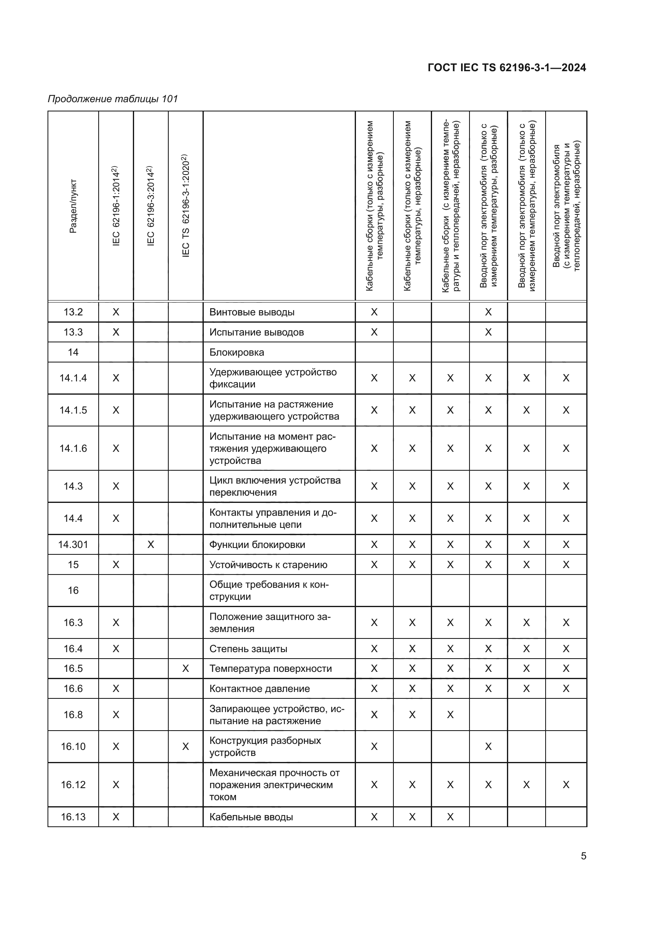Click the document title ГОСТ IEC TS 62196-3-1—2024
click(x=507, y=68)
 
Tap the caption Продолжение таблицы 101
click(x=113, y=99)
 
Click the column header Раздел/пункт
click(x=73, y=206)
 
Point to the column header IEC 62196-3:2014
click(x=151, y=206)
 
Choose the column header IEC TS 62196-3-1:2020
click(x=185, y=206)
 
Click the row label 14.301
click(x=73, y=544)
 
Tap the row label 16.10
click(x=73, y=746)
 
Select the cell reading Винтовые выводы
click(x=252, y=312)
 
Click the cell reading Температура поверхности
click(x=270, y=669)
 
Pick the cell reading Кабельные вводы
click(x=251, y=817)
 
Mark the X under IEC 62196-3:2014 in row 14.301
click(x=151, y=544)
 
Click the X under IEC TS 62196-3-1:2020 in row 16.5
click(x=185, y=669)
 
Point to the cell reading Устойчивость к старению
click(x=268, y=564)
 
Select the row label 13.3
click(x=73, y=332)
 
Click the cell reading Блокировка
click(x=237, y=352)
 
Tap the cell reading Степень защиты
click(x=248, y=649)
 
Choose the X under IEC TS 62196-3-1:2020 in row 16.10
click(x=185, y=746)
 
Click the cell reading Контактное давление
click(x=259, y=688)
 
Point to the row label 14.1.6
click(x=73, y=448)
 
